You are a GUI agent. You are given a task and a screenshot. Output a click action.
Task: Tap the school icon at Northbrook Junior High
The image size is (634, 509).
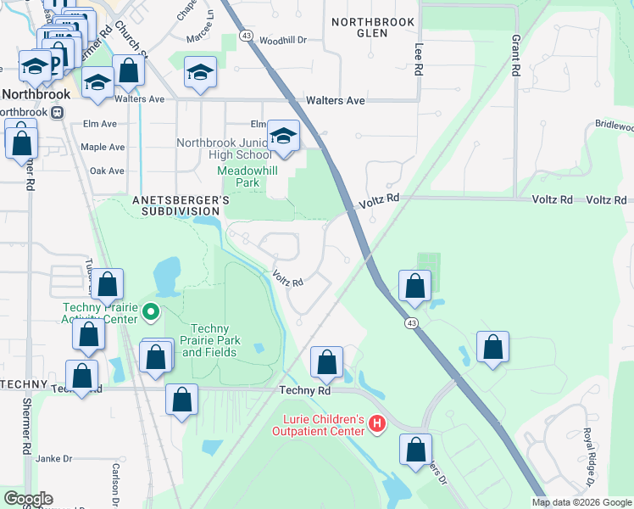pos(283,136)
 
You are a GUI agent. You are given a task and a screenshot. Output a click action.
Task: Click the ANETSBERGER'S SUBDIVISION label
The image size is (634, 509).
pos(181,204)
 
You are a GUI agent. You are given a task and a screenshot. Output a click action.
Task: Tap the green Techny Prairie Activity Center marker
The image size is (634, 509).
pos(152,312)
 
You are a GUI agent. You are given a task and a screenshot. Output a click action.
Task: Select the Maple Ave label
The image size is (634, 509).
pos(102,147)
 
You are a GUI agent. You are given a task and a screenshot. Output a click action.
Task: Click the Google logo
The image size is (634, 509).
pos(28,499)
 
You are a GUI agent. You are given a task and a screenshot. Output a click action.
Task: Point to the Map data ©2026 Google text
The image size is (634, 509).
pos(581,502)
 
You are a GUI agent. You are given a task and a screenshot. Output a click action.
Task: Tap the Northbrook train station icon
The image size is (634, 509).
pos(57,112)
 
